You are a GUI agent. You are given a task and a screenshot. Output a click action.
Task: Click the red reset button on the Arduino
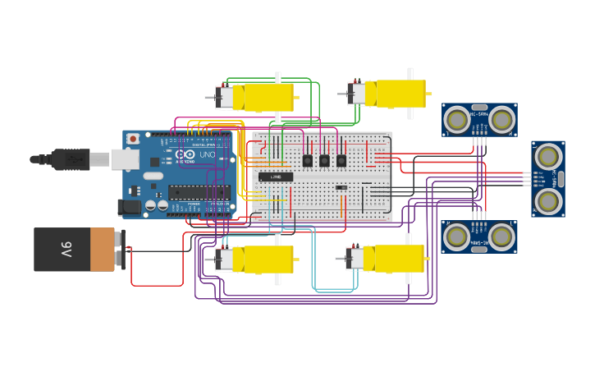(x=133, y=139)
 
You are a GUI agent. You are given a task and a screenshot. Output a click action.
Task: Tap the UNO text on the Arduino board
(x=208, y=154)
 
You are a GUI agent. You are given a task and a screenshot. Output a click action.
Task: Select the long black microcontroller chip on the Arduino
(x=199, y=191)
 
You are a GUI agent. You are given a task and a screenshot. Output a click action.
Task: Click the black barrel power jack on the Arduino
(x=129, y=207)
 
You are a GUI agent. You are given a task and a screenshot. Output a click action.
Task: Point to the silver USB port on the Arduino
(x=125, y=158)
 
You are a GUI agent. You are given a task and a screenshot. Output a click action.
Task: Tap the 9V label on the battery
(x=66, y=249)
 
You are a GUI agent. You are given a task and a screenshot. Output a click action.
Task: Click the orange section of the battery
(x=103, y=250)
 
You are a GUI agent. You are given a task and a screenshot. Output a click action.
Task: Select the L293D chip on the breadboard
(x=276, y=177)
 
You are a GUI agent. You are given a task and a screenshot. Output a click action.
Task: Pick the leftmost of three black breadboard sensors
(x=307, y=161)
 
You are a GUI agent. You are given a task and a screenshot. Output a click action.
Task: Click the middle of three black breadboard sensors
(x=324, y=161)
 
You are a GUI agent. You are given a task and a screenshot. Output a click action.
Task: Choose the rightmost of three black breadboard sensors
(x=341, y=161)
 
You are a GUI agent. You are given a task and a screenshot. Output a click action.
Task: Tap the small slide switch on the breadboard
(x=341, y=187)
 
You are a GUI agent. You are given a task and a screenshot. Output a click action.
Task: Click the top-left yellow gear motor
(x=263, y=98)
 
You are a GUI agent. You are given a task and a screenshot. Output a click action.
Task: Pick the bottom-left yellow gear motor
(x=263, y=259)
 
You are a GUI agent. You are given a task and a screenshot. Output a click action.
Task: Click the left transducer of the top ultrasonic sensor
(x=457, y=120)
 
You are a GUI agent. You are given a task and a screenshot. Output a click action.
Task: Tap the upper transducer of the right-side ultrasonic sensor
(x=547, y=155)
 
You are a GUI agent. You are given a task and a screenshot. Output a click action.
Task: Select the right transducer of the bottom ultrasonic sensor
(x=501, y=237)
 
